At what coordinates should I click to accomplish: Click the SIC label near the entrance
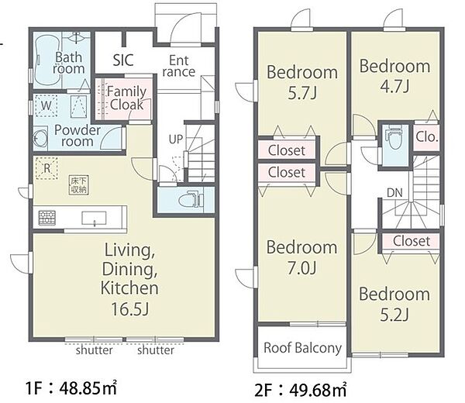point(123,60)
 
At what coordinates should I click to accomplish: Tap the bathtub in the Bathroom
point(46,60)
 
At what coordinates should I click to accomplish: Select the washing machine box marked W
point(46,105)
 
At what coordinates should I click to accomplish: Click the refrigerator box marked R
point(46,168)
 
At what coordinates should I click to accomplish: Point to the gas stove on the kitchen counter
point(46,218)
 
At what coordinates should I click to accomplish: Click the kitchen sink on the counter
point(94,219)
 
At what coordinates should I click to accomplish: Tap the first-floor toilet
point(191,200)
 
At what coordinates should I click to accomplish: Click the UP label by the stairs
point(176,139)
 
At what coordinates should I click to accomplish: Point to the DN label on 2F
point(394,193)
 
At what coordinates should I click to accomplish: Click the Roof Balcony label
point(302,348)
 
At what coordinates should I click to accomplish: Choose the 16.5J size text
point(129,308)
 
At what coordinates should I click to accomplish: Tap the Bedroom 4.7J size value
point(394,86)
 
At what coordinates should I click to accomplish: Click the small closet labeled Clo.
point(426,136)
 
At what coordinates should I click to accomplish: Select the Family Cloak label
point(126,98)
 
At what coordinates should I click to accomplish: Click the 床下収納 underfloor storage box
point(79,185)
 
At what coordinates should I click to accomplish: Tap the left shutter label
point(94,350)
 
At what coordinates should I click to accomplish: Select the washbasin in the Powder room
point(40,138)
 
